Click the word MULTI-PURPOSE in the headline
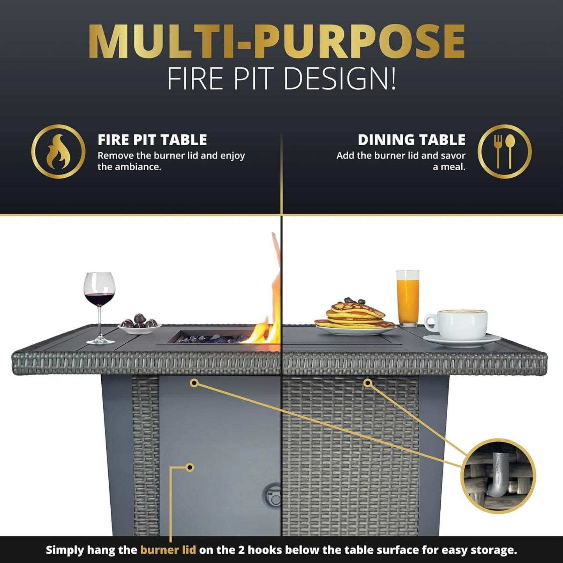tap(277, 42)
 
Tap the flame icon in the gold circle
tap(58, 152)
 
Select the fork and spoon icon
tap(505, 152)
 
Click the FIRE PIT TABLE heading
tap(152, 140)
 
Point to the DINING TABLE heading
tap(411, 140)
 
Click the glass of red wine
tap(100, 296)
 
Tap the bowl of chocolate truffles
tap(139, 324)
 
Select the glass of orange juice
tap(408, 298)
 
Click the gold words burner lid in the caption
tap(168, 550)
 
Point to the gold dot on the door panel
tap(190, 467)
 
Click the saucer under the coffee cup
tap(462, 340)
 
